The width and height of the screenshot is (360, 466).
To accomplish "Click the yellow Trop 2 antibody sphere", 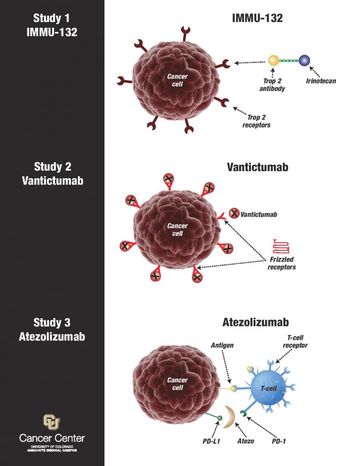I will pos(273,61).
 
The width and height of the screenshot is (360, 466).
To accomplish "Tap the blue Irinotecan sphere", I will pos(304,61).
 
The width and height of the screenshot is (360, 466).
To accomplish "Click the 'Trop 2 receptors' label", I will pos(256,121).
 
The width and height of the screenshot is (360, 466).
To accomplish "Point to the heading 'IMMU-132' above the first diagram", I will pos(257,19).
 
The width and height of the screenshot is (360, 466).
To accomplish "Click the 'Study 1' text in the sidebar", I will pos(52,19).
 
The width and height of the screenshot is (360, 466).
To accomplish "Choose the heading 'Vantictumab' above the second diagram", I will pos(257,167).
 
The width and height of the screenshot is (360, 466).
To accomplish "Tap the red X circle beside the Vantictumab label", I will pos(233,214).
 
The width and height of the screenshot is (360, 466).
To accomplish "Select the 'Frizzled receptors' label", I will pos(281,263).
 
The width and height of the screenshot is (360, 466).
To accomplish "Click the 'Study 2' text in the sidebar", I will pos(52,167).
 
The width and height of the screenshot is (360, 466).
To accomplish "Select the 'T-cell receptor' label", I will pos(294,341).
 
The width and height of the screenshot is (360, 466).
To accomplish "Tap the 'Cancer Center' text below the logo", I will pos(52,438).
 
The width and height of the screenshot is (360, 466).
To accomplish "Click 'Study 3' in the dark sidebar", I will pos(52,322).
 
